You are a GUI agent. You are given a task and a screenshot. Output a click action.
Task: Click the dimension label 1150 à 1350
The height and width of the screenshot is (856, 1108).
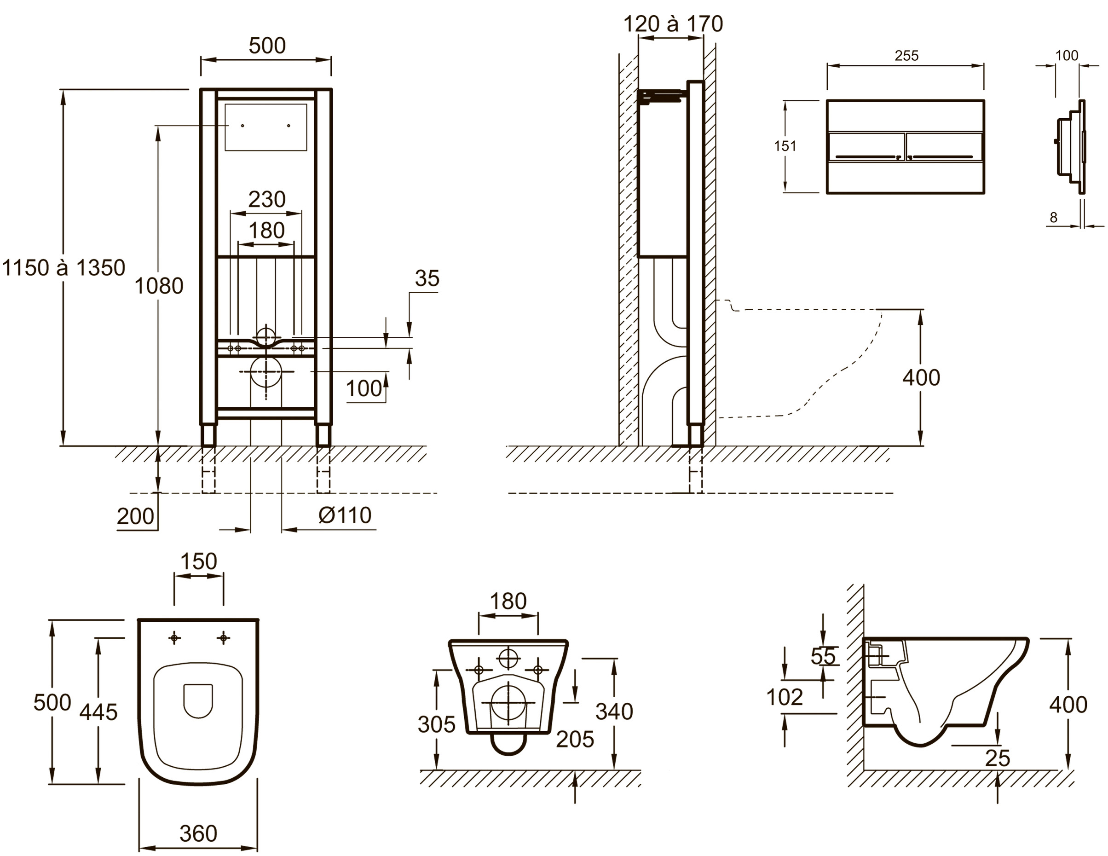[64, 268]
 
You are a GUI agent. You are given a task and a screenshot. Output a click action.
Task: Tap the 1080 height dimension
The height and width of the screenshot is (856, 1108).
[159, 286]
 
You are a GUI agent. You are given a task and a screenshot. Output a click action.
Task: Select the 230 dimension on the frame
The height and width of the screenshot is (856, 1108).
[267, 199]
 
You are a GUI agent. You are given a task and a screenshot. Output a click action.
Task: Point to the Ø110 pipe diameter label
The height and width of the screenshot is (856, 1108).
[345, 515]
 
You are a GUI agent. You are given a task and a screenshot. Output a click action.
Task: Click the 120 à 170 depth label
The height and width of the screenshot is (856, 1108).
[673, 24]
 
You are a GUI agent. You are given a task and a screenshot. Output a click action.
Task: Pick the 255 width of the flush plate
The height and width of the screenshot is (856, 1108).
[906, 56]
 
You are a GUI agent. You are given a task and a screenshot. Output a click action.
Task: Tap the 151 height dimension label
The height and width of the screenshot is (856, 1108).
[785, 146]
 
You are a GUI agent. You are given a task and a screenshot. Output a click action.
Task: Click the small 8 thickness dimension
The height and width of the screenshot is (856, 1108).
[1054, 218]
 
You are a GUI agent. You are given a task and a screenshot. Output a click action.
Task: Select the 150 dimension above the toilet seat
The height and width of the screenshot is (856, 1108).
[199, 562]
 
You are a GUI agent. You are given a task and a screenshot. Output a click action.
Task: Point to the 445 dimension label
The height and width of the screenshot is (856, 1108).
[98, 712]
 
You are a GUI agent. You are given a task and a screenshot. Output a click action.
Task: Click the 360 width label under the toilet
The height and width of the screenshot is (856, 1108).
[198, 833]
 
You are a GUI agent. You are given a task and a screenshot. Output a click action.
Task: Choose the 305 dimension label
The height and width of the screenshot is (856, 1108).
[436, 724]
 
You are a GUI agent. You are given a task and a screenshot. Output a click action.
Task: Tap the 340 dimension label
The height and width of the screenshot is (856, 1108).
[614, 712]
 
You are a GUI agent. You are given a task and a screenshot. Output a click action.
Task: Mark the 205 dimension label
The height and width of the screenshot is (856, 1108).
[575, 740]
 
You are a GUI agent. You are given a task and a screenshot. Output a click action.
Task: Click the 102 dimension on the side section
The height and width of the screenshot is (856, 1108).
[785, 697]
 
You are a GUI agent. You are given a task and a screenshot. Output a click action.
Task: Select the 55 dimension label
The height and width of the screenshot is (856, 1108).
[823, 657]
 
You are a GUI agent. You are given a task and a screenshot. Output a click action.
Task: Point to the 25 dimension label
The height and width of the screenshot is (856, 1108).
[998, 758]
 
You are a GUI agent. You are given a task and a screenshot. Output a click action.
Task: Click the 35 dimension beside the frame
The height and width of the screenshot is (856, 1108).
[427, 278]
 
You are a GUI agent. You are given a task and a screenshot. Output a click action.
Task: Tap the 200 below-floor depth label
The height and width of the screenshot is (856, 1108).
[135, 516]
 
